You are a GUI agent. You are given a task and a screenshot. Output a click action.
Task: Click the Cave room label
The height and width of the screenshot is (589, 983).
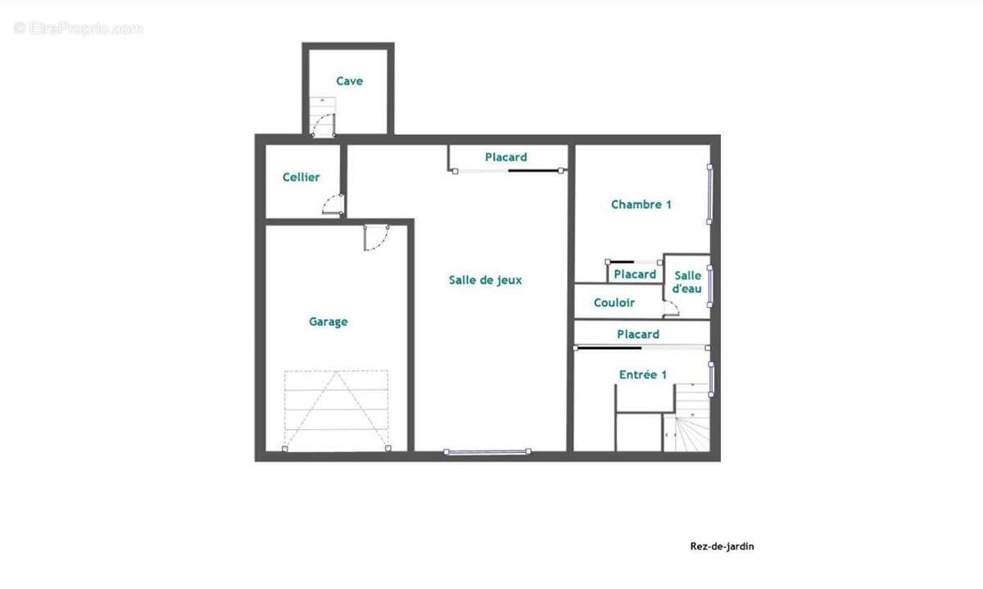(x=349, y=81)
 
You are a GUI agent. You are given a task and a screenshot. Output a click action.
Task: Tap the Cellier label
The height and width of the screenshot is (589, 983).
(x=301, y=177)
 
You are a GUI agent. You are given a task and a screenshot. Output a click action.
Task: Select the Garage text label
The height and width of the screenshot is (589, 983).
(x=328, y=322)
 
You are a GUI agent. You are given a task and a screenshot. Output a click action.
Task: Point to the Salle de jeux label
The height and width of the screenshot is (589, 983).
(x=485, y=280)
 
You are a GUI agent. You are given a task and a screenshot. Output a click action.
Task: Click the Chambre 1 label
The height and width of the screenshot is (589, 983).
(x=641, y=205)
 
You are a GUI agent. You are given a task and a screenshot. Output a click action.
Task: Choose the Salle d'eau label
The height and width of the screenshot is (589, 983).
(x=687, y=282)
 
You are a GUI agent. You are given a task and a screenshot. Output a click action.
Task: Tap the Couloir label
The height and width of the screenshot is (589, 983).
(x=614, y=302)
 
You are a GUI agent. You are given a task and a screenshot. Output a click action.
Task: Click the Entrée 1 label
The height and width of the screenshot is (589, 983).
(x=643, y=374)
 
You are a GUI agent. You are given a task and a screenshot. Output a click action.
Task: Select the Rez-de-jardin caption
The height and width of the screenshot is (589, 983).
(x=722, y=546)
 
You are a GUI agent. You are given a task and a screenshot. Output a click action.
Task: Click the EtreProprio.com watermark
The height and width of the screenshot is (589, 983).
(x=78, y=29)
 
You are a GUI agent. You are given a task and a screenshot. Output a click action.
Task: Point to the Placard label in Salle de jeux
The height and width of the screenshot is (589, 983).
(x=506, y=157)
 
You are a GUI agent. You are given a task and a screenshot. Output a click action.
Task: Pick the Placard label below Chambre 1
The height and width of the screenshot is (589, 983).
(x=635, y=274)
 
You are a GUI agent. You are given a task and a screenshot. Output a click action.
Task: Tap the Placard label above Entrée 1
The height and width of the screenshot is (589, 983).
(x=638, y=334)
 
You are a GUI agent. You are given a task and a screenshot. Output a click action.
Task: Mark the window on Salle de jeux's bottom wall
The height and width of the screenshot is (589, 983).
(x=487, y=451)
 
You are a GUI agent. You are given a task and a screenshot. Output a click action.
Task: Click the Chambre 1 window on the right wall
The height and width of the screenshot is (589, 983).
(x=709, y=194)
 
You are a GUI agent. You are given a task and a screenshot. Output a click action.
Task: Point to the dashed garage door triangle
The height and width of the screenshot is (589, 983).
(x=336, y=410)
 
